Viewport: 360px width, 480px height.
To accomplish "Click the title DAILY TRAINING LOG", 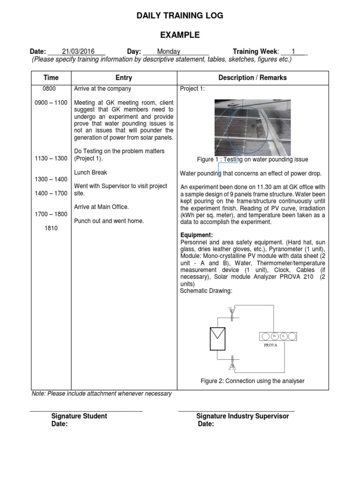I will tap(180, 15).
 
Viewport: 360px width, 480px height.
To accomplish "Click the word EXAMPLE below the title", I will tap(180, 35).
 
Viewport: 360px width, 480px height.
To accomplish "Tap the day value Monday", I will tap(169, 52).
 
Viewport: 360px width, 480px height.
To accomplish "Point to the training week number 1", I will tap(293, 52).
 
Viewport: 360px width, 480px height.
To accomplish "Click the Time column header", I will tap(51, 78).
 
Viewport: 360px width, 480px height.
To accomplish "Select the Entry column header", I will tap(123, 78).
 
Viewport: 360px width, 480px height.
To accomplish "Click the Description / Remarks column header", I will tap(253, 78).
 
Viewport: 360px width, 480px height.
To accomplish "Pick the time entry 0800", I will tap(49, 89).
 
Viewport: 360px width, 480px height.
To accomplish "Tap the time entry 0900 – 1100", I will tap(51, 103).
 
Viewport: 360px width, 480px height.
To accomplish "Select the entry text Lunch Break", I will tap(91, 172).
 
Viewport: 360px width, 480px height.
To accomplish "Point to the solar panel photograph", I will tap(253, 124).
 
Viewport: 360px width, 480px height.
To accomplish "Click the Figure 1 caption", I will tap(253, 160).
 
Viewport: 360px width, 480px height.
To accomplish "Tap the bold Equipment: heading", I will tap(197, 235).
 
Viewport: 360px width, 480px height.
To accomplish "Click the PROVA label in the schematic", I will tap(270, 345).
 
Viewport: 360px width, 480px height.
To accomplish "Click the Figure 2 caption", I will tap(253, 381).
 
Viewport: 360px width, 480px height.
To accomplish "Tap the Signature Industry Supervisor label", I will tap(242, 416).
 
